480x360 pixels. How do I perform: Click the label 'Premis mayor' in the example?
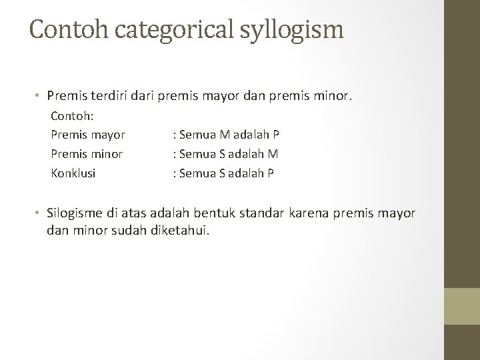pos(88,134)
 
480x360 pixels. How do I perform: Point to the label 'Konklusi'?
pos(73,173)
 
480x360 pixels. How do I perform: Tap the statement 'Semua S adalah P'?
pos(225,173)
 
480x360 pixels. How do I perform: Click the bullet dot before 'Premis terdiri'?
pos(40,96)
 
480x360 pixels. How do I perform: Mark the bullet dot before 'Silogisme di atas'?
pos(40,213)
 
